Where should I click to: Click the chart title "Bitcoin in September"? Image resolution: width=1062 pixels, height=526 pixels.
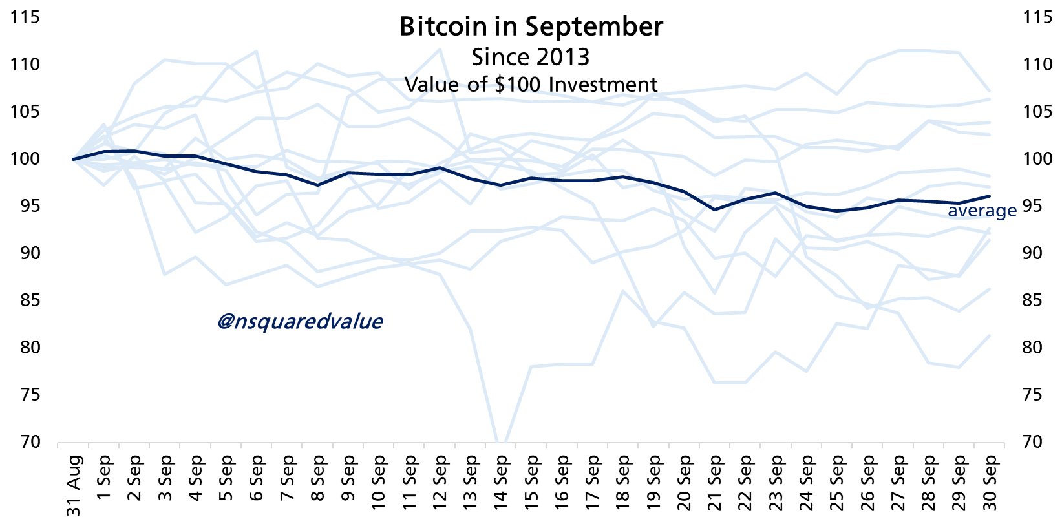click(531, 26)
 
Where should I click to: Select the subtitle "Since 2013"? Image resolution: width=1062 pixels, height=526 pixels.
click(530, 57)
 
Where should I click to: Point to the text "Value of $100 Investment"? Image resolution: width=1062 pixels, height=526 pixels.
click(531, 85)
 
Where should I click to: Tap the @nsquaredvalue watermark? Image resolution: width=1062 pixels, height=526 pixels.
click(300, 321)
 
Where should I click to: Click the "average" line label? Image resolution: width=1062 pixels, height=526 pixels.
click(982, 211)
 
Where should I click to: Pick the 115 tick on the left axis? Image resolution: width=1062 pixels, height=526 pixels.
click(25, 17)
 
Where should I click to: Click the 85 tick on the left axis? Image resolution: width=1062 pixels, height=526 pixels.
click(25, 300)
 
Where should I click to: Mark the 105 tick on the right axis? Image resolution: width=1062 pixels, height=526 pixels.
click(1037, 112)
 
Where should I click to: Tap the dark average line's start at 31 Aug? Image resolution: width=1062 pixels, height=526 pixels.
click(74, 159)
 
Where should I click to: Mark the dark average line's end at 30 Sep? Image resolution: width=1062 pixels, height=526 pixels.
click(990, 196)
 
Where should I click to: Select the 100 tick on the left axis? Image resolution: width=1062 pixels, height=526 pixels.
click(25, 159)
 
